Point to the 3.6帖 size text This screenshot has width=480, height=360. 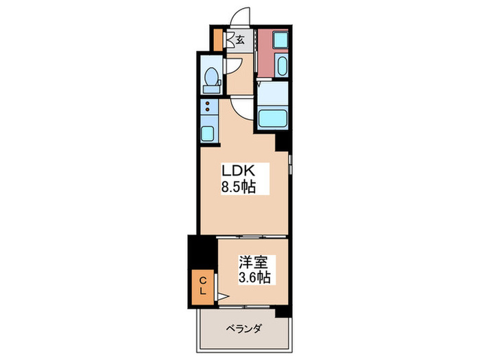[x=254, y=278]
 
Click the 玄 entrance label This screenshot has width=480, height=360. [x=241, y=40]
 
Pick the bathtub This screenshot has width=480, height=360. [x=273, y=118]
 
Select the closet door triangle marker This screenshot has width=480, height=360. [x=223, y=296]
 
